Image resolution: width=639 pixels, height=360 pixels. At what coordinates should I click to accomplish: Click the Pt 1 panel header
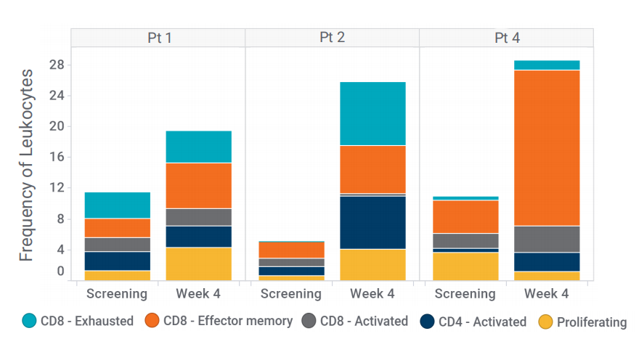[158, 38]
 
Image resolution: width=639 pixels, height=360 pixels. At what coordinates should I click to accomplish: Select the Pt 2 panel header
[332, 38]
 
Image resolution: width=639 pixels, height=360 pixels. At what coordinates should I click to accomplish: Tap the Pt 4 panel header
[506, 38]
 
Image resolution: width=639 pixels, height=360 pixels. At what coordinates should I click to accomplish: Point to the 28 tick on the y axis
[57, 65]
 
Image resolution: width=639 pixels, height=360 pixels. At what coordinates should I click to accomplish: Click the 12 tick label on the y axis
[57, 188]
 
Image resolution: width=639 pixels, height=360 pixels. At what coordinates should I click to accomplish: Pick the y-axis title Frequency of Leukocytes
[27, 165]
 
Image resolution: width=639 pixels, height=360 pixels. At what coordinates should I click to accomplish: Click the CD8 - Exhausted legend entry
[78, 321]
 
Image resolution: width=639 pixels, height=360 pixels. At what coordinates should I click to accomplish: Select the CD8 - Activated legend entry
[354, 321]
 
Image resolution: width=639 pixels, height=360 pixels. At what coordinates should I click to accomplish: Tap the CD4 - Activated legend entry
[473, 322]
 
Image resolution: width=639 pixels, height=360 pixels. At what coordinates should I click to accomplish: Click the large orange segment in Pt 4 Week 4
[547, 148]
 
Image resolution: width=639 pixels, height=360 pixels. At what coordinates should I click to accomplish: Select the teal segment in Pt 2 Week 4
[373, 113]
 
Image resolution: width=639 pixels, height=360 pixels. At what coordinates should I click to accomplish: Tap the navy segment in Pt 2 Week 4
[373, 223]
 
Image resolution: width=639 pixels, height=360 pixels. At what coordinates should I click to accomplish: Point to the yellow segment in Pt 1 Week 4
[198, 264]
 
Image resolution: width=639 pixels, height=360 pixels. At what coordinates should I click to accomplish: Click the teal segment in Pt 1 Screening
[117, 205]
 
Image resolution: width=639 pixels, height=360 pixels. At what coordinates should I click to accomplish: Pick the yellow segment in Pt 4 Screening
[465, 266]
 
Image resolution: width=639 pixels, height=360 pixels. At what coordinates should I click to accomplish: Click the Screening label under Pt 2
[291, 294]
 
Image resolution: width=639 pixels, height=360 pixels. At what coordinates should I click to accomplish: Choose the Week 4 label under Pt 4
[547, 294]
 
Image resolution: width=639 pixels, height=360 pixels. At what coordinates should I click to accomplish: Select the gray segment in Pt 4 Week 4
[547, 239]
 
